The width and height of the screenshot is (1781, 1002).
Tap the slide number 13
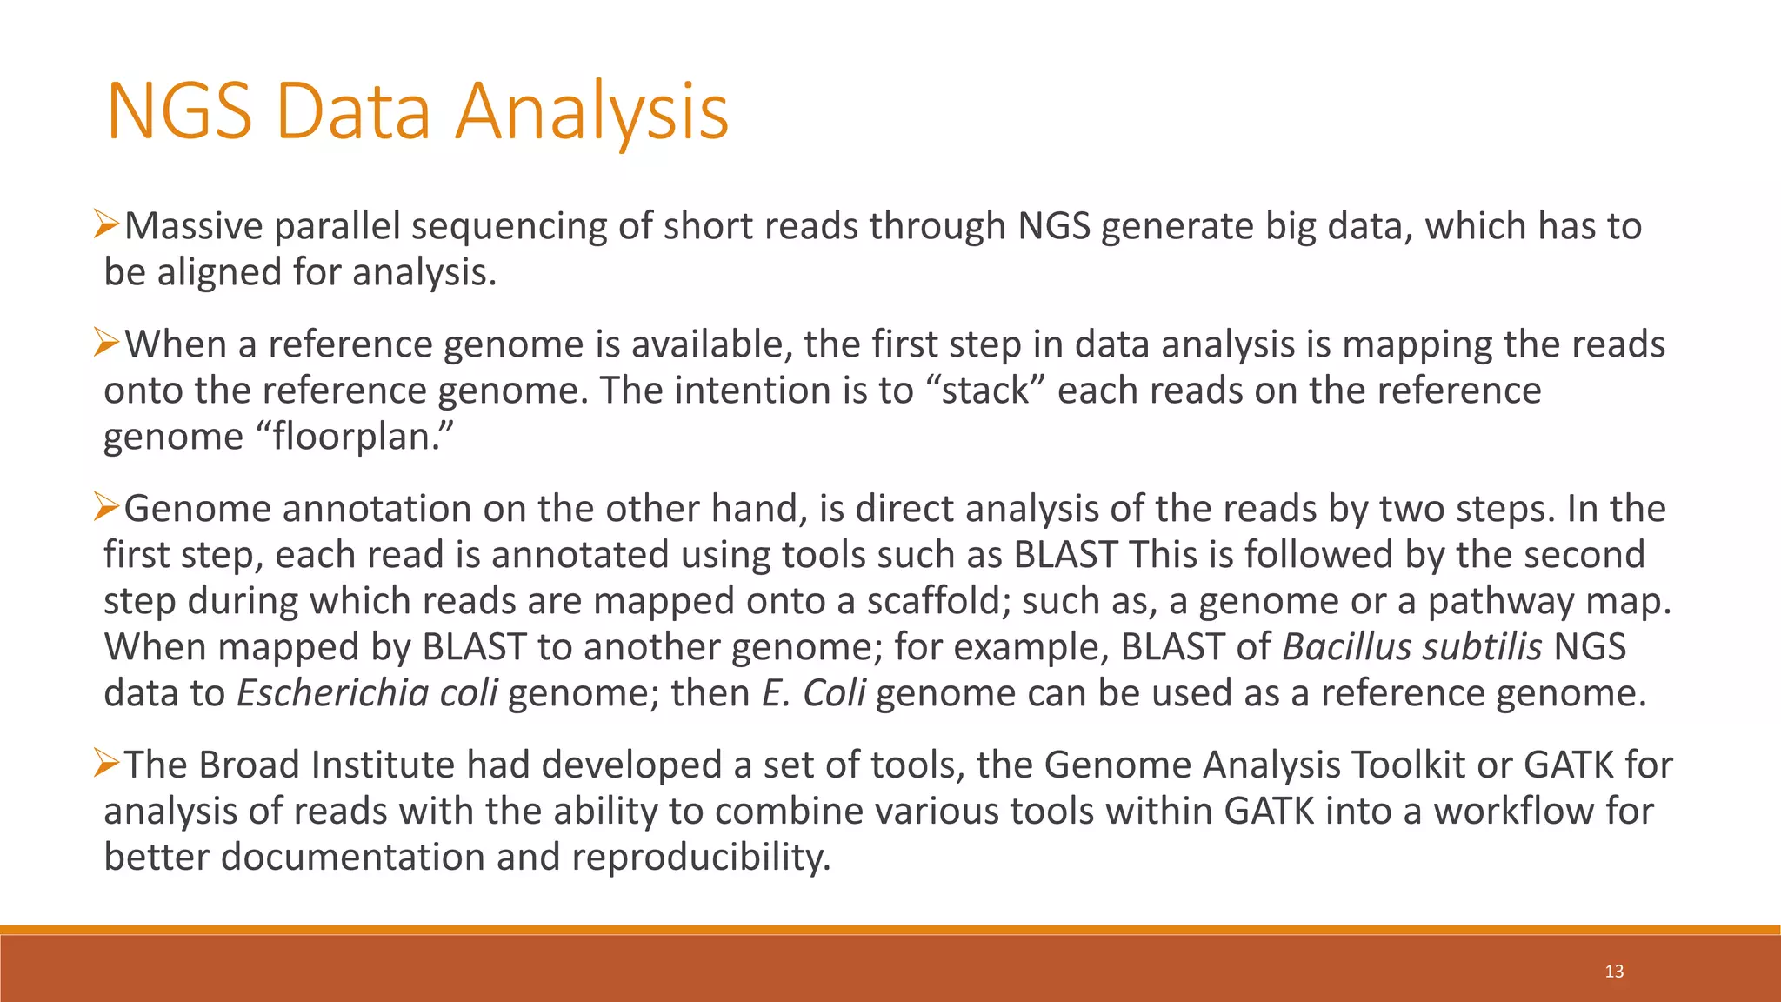(x=1614, y=972)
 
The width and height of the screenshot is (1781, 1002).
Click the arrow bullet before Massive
(x=106, y=224)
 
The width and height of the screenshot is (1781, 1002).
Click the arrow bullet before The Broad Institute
(x=106, y=763)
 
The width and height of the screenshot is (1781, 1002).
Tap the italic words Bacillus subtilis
(x=1411, y=647)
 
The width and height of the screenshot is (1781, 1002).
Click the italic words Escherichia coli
(x=366, y=693)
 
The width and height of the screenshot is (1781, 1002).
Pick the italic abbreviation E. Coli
(x=813, y=693)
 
